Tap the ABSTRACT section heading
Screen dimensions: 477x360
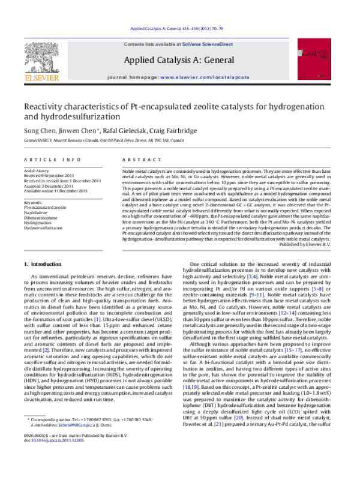[x=136, y=159]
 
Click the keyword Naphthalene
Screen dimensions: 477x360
[x=36, y=212]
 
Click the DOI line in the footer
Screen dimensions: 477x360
[x=53, y=457]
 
